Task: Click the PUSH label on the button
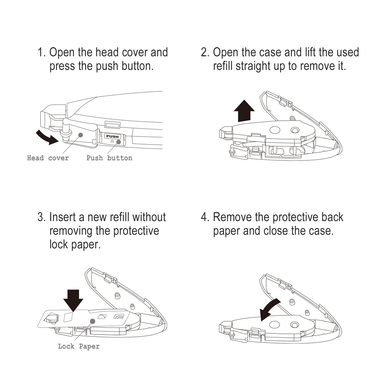pos(112,136)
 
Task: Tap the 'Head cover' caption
pos(48,158)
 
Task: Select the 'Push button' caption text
pos(109,158)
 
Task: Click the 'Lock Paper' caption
pos(79,346)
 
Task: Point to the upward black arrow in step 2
pos(244,111)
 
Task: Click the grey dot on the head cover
pos(81,135)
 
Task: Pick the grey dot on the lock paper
pos(92,321)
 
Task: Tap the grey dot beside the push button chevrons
pos(119,142)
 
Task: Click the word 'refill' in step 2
pos(223,66)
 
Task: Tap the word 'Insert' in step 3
pos(63,217)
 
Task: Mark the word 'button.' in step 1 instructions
pos(137,66)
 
